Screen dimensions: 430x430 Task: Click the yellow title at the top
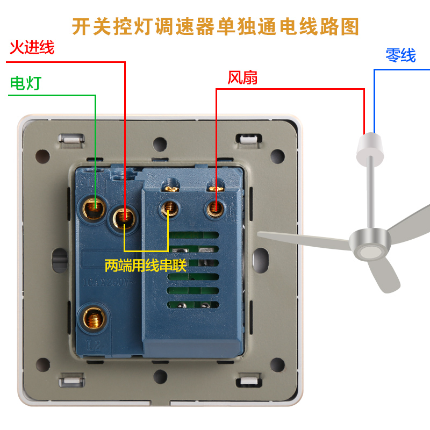tap(215, 26)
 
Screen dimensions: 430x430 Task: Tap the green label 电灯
tap(26, 83)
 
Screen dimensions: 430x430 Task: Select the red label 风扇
tap(242, 78)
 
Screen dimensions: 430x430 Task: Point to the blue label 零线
tap(400, 55)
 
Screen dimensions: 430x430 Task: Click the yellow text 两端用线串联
tap(145, 265)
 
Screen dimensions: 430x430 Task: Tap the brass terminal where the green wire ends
tap(95, 206)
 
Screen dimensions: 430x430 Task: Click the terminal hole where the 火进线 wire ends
tap(124, 217)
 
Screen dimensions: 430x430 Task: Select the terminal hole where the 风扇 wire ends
tap(216, 206)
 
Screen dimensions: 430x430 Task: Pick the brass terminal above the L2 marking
tap(91, 319)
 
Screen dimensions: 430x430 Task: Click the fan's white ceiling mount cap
tap(370, 147)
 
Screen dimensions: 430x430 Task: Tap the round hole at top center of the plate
tap(160, 144)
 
